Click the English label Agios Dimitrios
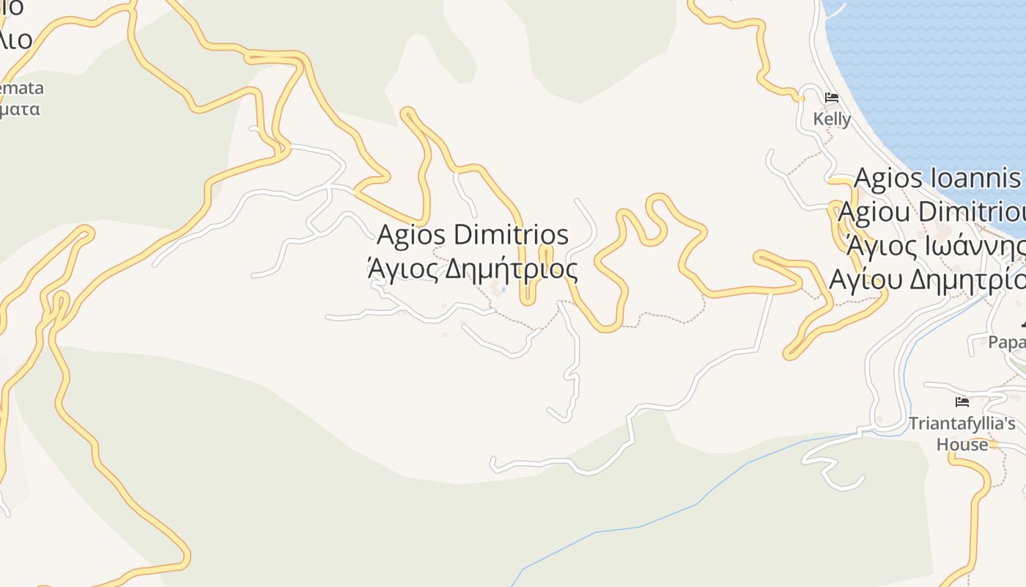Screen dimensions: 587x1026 point(473,236)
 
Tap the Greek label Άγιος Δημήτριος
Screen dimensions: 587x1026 point(473,269)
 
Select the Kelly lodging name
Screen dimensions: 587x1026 point(832,119)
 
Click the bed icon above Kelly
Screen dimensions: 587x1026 point(832,97)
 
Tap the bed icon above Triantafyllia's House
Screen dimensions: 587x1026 point(962,402)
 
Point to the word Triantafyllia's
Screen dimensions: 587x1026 point(962,423)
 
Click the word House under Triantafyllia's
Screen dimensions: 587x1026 point(962,445)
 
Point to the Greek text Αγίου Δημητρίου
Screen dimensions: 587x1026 point(928,280)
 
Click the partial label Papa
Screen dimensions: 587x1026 point(1007,342)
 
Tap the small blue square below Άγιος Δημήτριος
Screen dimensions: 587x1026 point(503,289)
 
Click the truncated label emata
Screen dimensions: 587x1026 point(22,89)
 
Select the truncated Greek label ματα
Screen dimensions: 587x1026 point(21,110)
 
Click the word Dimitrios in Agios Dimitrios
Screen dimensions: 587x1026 point(511,236)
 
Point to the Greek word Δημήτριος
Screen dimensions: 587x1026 point(512,269)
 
